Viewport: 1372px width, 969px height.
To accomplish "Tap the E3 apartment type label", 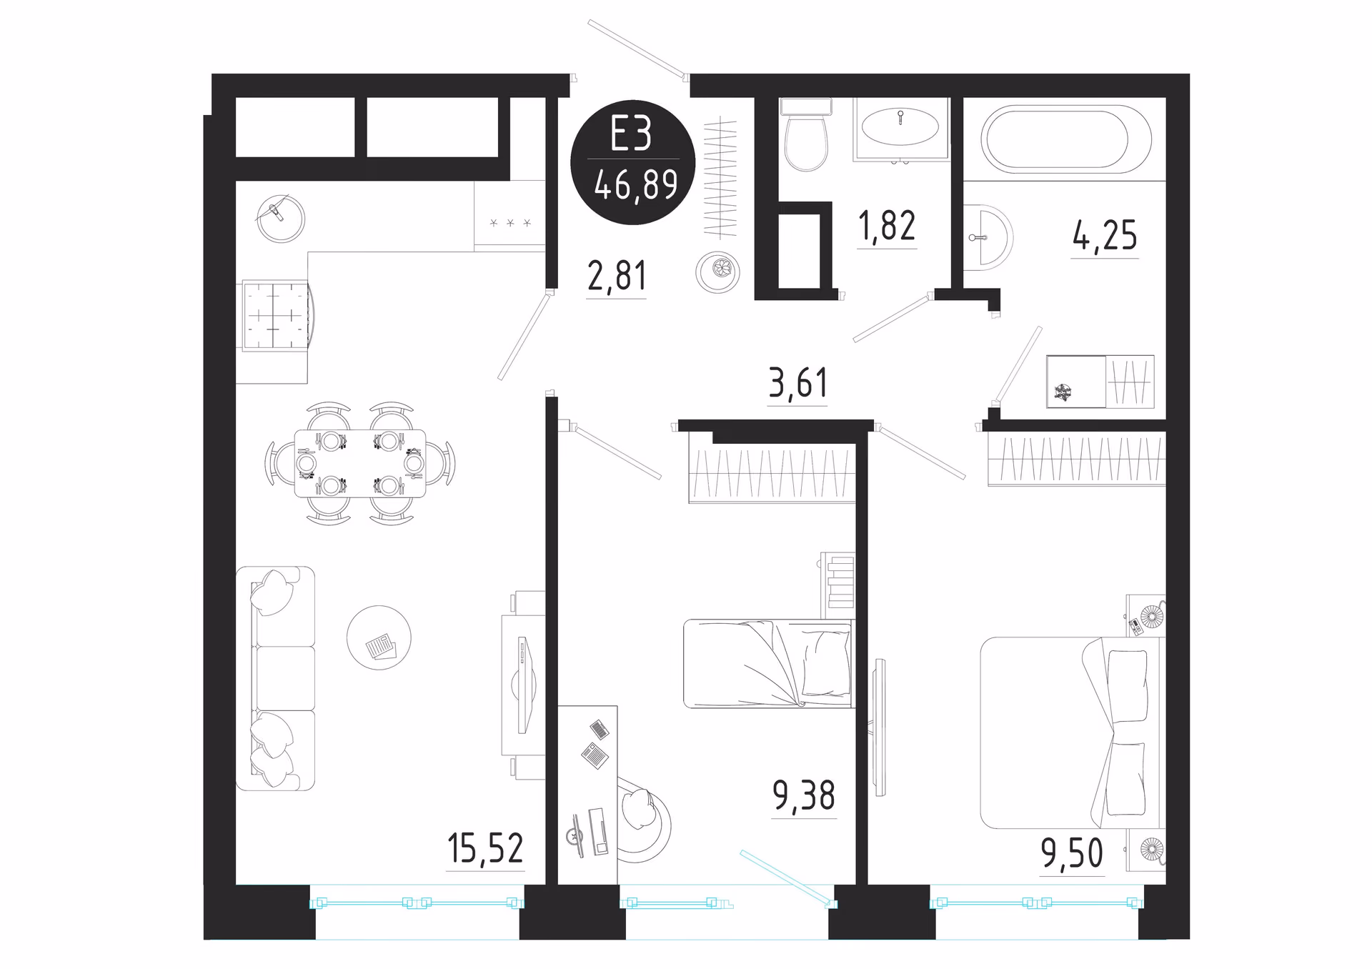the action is [x=631, y=134].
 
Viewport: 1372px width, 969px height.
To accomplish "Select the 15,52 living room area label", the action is [x=485, y=848].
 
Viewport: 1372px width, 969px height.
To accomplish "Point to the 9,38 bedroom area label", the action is [x=804, y=795].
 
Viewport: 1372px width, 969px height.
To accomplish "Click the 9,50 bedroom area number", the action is [x=1072, y=853].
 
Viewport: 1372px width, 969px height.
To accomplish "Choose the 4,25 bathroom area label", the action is [x=1105, y=235].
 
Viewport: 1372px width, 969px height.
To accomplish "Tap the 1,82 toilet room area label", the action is [x=887, y=226].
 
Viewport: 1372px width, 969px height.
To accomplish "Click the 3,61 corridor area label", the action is [x=797, y=383].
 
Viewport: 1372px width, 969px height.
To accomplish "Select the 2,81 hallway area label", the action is [x=617, y=276].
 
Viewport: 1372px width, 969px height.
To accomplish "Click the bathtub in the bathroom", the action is [x=1065, y=139].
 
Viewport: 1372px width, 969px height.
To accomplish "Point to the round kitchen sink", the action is [x=281, y=218].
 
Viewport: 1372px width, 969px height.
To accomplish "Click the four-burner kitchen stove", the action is [x=276, y=315].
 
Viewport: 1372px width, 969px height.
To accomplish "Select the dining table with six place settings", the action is [x=360, y=463].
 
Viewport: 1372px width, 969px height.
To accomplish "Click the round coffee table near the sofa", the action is [x=379, y=637].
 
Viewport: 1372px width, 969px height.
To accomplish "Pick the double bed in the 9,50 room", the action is [x=1072, y=733].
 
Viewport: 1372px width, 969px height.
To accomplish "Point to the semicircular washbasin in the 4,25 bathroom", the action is [x=988, y=238].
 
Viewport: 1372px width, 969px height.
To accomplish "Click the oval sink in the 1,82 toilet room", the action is [x=900, y=127].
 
